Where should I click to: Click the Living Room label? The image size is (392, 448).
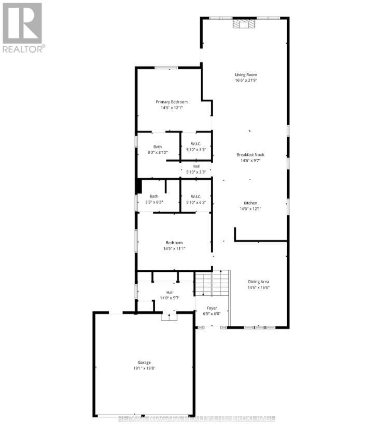pos(245,75)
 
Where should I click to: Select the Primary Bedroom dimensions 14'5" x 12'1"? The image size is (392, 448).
pos(171,108)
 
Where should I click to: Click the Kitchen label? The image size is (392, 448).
pos(250,203)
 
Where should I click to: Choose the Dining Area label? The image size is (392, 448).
pos(258,282)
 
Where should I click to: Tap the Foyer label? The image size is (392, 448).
pos(212,307)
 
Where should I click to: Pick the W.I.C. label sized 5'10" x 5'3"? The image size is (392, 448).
pos(196,147)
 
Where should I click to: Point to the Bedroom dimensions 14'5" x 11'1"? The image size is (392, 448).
pos(174,248)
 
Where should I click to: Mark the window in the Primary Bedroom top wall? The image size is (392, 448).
pos(166,68)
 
